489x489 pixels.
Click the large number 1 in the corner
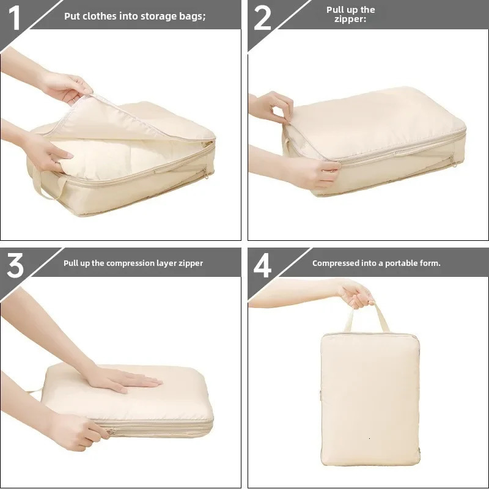click(x=15, y=17)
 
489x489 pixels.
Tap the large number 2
click(x=262, y=18)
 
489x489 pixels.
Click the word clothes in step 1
click(x=100, y=16)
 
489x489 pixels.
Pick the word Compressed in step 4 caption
click(x=335, y=263)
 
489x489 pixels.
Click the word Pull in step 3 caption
click(x=72, y=263)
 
